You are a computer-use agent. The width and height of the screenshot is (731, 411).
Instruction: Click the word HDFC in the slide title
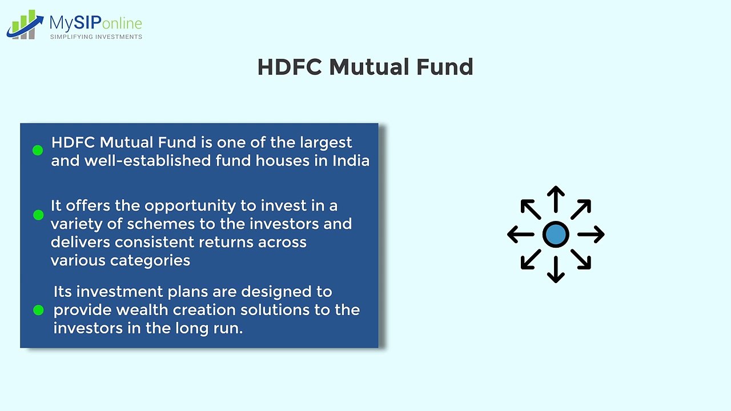pos(290,67)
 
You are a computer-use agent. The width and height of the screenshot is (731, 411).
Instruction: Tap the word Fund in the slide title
pos(444,67)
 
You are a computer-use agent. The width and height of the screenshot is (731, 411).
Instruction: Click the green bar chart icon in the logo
pos(25,25)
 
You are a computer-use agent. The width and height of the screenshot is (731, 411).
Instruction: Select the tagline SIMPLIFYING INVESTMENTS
pos(96,37)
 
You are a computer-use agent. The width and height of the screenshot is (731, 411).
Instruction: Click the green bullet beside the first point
pos(38,150)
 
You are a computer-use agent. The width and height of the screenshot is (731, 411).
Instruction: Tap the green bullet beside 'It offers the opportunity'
pos(38,215)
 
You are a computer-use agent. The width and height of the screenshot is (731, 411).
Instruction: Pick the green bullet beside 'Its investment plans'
pos(38,310)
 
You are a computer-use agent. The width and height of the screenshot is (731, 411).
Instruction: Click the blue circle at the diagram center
pos(556,234)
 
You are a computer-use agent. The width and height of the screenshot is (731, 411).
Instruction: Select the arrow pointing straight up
pos(556,199)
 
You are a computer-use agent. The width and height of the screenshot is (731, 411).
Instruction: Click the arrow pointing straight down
pos(556,269)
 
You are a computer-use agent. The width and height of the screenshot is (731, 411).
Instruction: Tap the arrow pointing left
pos(521,234)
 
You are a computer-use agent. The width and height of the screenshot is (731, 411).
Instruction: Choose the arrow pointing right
pos(591,234)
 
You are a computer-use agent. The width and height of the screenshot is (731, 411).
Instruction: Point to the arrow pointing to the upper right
pos(581,209)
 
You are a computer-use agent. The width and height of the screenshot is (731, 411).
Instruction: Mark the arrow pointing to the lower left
pos(531,259)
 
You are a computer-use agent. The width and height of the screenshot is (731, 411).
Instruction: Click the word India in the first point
pos(351,161)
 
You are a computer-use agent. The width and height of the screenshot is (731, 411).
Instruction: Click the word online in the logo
pos(122,23)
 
